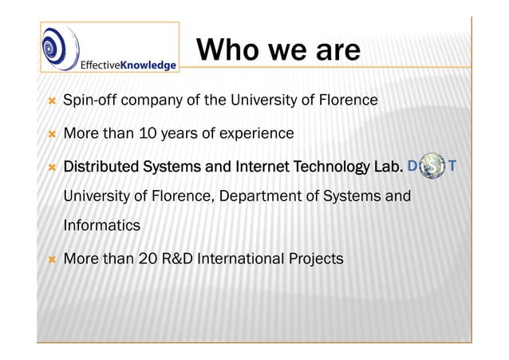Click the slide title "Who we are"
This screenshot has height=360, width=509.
[x=278, y=51]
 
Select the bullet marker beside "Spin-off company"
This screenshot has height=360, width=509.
[x=51, y=101]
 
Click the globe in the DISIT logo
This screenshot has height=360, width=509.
[x=433, y=168]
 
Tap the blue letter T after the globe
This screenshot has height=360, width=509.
[x=453, y=167]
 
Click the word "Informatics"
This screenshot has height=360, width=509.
[x=101, y=226]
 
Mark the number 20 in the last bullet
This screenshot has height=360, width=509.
[x=149, y=259]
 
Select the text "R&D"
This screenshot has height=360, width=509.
[x=182, y=259]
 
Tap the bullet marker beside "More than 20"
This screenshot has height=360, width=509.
[x=51, y=259]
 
